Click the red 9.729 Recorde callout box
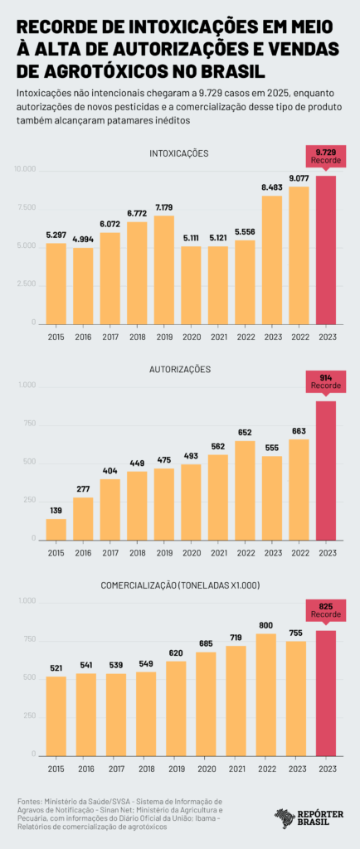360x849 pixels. pyautogui.click(x=327, y=155)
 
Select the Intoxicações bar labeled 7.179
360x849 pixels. pyautogui.click(x=164, y=269)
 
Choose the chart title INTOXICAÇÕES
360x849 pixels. pyautogui.click(x=179, y=153)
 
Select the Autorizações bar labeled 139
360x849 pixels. pyautogui.click(x=56, y=529)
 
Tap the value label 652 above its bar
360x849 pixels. pyautogui.click(x=246, y=432)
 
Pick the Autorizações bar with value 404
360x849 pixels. pyautogui.click(x=110, y=509)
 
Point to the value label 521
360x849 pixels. pyautogui.click(x=56, y=667)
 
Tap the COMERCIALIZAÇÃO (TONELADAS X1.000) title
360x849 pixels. pyautogui.click(x=179, y=585)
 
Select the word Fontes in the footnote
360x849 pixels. pyautogui.click(x=30, y=802)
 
